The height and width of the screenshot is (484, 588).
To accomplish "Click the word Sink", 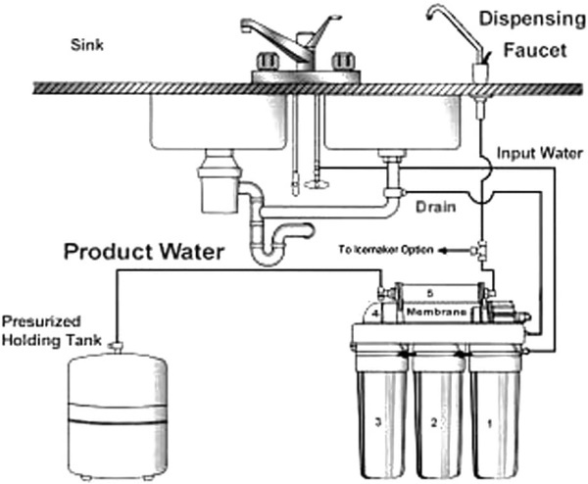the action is pos(87,45).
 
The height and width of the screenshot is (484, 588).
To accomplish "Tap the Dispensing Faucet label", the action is pos(533,34).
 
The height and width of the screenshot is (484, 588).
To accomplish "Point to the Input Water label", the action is pos(540,154).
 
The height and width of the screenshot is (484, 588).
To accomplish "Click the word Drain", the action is pos(436,207).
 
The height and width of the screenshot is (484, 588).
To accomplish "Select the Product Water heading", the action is pos(144,252).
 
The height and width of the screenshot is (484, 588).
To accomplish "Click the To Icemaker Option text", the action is pos(386,249).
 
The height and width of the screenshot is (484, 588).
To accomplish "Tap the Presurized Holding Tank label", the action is pos(52,331).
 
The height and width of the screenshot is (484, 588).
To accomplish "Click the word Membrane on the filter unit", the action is pos(437,312).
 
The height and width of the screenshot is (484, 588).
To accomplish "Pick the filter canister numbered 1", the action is pos(495,413).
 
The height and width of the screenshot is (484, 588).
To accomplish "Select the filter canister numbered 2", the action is pos(439,413).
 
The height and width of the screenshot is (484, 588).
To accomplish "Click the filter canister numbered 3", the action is pos(381,413).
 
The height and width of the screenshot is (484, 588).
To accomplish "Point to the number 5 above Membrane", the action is pos(430,293).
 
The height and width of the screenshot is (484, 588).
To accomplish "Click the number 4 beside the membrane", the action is pos(376,314).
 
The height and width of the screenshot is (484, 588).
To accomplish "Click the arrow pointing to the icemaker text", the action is pos(454,251).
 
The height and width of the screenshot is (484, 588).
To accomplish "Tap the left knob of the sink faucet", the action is pos(268,61).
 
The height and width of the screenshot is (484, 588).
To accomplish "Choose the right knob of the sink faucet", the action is pos(343,61).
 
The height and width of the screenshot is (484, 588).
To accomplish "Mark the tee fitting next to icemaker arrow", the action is pos(479,250).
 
